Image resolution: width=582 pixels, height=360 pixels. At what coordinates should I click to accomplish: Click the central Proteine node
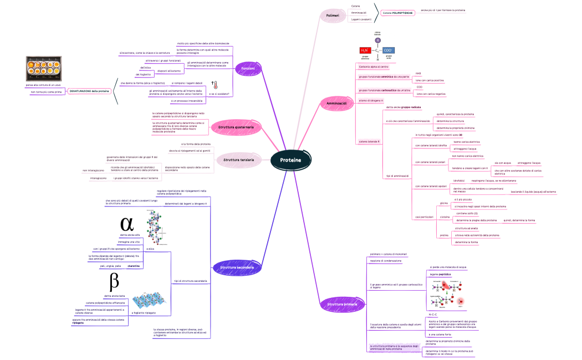click(x=290, y=160)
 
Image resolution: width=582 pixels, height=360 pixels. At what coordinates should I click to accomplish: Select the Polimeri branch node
click(x=333, y=16)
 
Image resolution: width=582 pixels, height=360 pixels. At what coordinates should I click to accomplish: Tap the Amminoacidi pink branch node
click(x=336, y=104)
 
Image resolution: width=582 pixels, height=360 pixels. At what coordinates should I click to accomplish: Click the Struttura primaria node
click(x=342, y=304)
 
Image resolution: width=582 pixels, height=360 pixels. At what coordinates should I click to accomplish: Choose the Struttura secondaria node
click(x=236, y=268)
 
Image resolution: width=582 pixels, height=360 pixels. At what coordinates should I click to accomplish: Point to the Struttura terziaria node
click(x=238, y=160)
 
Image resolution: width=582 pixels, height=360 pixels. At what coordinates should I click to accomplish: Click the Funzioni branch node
click(x=248, y=68)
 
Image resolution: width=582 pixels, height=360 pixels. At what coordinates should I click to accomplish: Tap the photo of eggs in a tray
click(x=47, y=69)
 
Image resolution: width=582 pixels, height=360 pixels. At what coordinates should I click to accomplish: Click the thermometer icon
click(x=215, y=85)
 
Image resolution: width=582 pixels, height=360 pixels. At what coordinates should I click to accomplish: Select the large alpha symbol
click(x=127, y=223)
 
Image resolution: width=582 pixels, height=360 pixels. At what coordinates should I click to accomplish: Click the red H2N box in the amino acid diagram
click(x=365, y=50)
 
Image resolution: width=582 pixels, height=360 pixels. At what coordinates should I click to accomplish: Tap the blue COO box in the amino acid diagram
click(x=389, y=50)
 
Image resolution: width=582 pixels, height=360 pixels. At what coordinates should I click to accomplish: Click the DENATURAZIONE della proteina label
click(x=89, y=91)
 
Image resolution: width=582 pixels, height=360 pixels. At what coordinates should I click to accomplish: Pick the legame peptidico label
click(x=441, y=274)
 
